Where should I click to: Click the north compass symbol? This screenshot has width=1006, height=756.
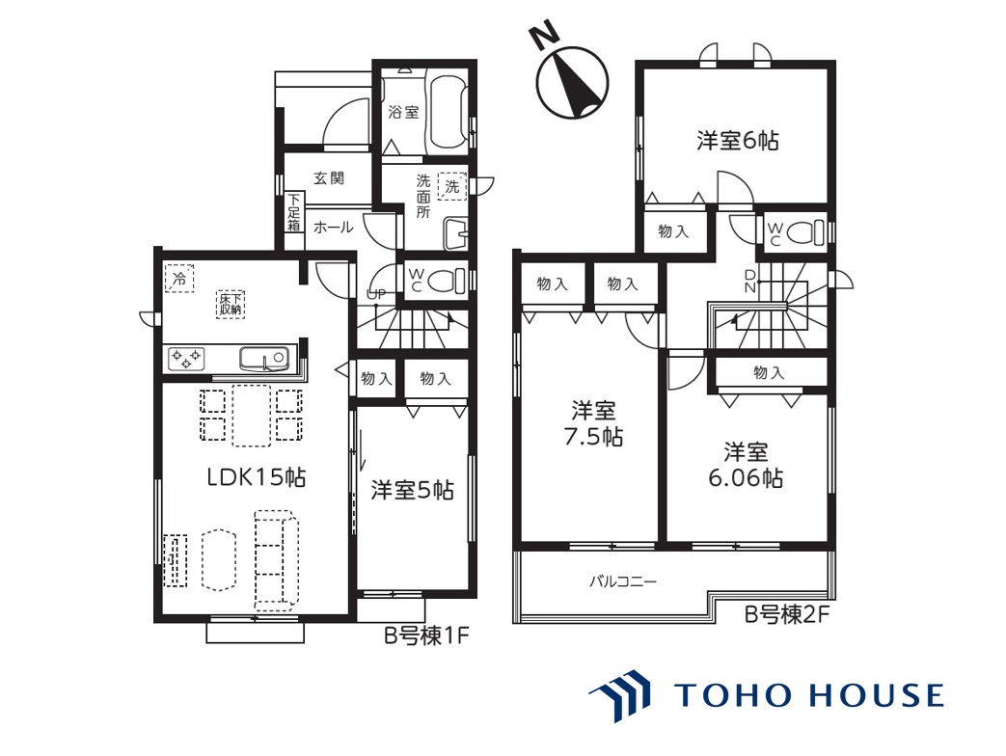(x=571, y=77)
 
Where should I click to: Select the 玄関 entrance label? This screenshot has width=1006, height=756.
(x=329, y=178)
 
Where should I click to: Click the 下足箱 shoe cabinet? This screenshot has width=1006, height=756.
(x=294, y=212)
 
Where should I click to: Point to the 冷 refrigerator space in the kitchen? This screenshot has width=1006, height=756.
(x=179, y=279)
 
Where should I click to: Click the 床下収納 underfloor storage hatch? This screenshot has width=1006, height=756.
(x=231, y=304)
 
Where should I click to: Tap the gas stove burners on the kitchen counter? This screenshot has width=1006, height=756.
(x=186, y=359)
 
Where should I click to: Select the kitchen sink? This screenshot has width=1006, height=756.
(x=263, y=359)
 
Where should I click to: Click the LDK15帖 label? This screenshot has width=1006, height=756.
(x=256, y=477)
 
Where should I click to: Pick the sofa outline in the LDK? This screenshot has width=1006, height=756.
(x=277, y=559)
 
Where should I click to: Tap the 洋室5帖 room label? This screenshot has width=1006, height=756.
(x=412, y=491)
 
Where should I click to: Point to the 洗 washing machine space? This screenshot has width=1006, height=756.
(x=452, y=186)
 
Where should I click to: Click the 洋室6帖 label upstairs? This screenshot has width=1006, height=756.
(x=738, y=141)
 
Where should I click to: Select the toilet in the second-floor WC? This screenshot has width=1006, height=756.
(x=805, y=232)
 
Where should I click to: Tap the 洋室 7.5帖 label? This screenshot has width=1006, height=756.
(x=593, y=423)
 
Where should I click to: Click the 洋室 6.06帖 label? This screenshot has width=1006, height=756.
(x=746, y=465)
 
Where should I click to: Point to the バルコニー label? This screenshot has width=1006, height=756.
(x=623, y=582)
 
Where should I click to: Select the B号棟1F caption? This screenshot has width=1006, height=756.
(x=426, y=635)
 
